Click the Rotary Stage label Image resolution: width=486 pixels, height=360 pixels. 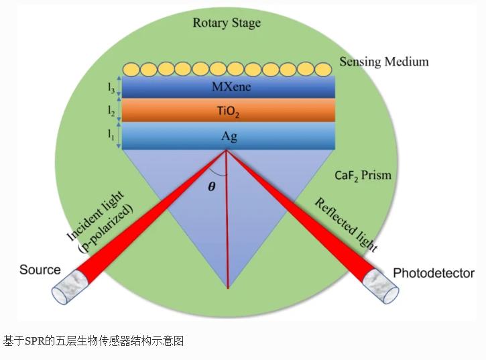(x=227, y=23)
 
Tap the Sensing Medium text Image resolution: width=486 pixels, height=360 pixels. (x=383, y=62)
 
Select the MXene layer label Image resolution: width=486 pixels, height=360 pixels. (x=229, y=87)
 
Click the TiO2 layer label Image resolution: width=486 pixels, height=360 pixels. (x=229, y=111)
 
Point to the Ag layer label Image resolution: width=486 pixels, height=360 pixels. (x=229, y=136)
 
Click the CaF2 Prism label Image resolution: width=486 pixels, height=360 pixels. (x=363, y=176)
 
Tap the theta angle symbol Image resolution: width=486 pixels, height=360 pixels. (x=212, y=187)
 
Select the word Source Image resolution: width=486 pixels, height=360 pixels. (x=40, y=270)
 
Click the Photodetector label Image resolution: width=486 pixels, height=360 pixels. (x=433, y=273)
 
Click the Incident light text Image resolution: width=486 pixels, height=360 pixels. (x=100, y=218)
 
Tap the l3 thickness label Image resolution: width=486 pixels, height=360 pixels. (x=111, y=87)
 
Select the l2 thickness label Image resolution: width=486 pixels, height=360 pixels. (x=111, y=110)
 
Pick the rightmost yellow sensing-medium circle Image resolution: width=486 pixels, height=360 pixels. (x=323, y=69)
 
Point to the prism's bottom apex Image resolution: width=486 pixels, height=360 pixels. (x=228, y=288)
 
